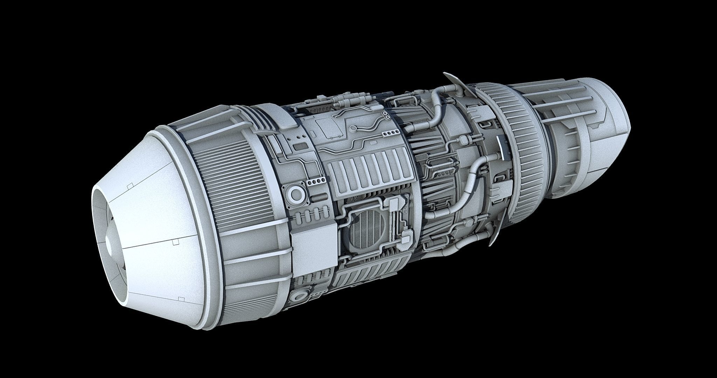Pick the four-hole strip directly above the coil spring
pyautogui.click(x=314, y=182)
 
